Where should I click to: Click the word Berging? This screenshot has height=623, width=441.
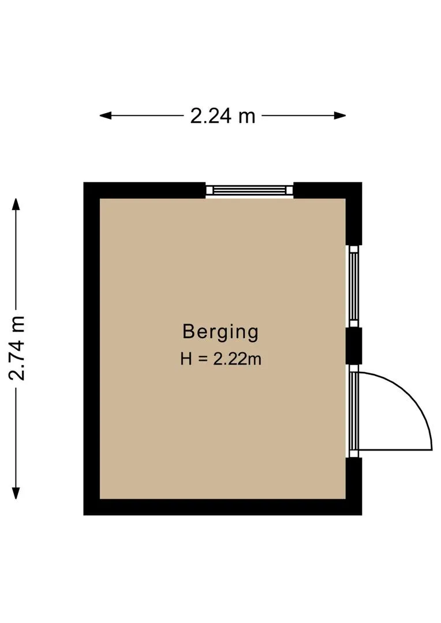[220, 332]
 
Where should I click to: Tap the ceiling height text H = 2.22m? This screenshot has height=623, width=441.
[220, 359]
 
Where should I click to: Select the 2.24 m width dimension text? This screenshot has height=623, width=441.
[222, 116]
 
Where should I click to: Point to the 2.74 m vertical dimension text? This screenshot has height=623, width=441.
[17, 348]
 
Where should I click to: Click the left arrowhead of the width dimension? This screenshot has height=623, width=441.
[105, 115]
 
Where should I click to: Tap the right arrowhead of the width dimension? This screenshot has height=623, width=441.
[339, 115]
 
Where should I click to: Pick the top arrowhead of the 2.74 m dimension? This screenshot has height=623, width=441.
[16, 204]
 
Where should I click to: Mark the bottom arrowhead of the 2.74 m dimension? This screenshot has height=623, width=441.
[16, 493]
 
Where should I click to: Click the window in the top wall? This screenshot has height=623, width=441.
[249, 190]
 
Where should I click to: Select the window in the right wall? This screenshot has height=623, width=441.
[353, 286]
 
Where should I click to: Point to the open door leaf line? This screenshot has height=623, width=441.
[395, 450]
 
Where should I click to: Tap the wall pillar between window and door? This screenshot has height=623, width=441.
[353, 346]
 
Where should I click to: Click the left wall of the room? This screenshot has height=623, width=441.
[91, 348]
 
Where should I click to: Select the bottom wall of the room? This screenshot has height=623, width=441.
[223, 507]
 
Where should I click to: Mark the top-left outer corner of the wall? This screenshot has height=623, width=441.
[84, 182]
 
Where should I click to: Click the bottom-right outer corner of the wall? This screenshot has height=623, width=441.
[362, 515]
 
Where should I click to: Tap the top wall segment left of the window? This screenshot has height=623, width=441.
[144, 190]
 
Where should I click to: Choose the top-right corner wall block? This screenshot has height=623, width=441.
[328, 213]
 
